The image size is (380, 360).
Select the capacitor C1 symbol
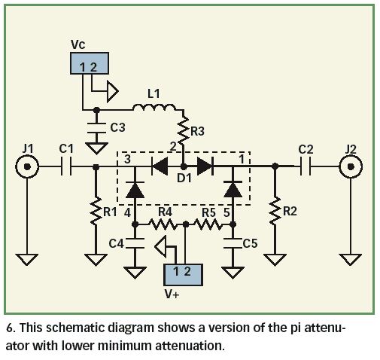coord(66,166)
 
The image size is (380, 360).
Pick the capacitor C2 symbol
coord(306,166)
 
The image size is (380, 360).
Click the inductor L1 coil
coord(154,107)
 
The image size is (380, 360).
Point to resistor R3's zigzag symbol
coord(184,131)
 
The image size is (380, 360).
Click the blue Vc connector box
coord(90,63)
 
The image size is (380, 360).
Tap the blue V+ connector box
coord(183,275)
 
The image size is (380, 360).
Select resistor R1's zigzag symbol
coord(96,211)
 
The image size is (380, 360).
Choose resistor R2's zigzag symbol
coord(275,211)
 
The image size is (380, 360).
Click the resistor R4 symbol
coord(163,224)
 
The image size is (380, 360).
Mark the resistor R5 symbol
coord(208,224)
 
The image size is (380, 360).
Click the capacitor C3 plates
coord(96,128)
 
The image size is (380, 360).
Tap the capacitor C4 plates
coord(135,243)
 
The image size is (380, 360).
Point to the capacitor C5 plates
coord(233,243)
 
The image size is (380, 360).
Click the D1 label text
coord(184,178)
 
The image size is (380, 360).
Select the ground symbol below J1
coord(27,260)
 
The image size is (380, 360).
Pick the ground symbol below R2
coord(275,260)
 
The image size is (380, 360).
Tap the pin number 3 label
coord(128,159)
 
